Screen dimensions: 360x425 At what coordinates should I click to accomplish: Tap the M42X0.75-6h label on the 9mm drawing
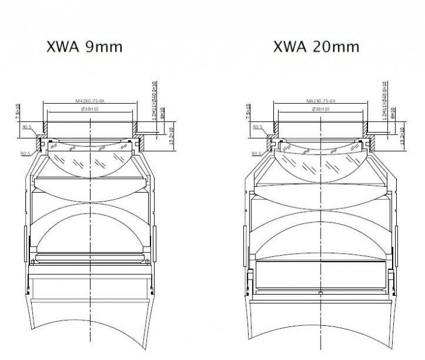pyautogui.click(x=89, y=101)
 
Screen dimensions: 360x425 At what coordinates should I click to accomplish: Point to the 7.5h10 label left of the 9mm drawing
pyautogui.click(x=19, y=112)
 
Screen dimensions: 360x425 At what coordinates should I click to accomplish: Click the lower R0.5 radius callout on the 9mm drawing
pyautogui.click(x=25, y=154)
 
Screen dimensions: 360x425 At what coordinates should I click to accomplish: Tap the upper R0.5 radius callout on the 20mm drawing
pyautogui.click(x=258, y=127)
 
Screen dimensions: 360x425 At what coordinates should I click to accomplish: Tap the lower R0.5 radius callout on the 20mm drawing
pyautogui.click(x=256, y=154)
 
